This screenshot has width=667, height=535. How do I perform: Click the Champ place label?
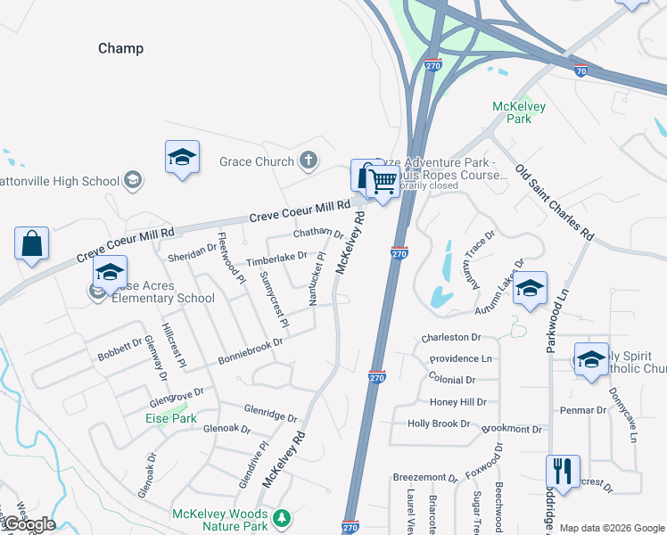pyautogui.click(x=120, y=48)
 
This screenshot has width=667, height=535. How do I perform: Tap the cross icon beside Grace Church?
pyautogui.click(x=308, y=161)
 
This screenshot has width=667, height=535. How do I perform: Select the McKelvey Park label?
pyautogui.click(x=519, y=113)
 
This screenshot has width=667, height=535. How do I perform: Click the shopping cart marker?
pyautogui.click(x=383, y=182)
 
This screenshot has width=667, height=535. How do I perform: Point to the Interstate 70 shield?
pyautogui.click(x=581, y=70)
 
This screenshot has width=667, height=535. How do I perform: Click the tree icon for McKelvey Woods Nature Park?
pyautogui.click(x=282, y=517)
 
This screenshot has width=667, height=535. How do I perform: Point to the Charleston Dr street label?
pyautogui.click(x=451, y=338)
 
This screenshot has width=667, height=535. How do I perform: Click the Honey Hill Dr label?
pyautogui.click(x=458, y=402)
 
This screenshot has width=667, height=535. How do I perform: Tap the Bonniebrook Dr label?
pyautogui.click(x=250, y=350)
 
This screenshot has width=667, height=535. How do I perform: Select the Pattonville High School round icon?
pyautogui.click(x=132, y=181)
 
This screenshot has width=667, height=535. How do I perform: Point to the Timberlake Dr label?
pyautogui.click(x=276, y=258)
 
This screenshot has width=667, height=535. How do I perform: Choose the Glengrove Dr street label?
pyautogui.click(x=177, y=394)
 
